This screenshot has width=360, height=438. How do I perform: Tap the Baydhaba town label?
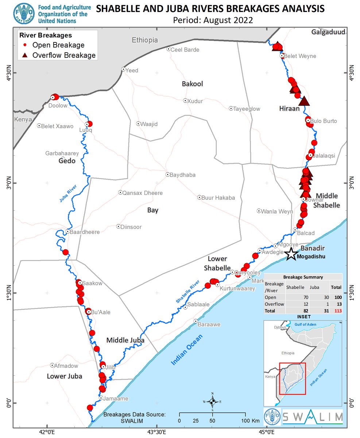coord(183,175)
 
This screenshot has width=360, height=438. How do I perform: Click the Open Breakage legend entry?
coord(58,45)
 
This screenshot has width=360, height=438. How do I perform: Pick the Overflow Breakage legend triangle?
coord(25,55)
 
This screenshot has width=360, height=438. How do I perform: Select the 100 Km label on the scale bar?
coord(251,421)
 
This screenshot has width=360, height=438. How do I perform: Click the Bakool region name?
coord(192,84)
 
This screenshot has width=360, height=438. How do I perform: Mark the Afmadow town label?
coord(66,366)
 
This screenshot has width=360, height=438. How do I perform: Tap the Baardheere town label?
coord(85,232)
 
